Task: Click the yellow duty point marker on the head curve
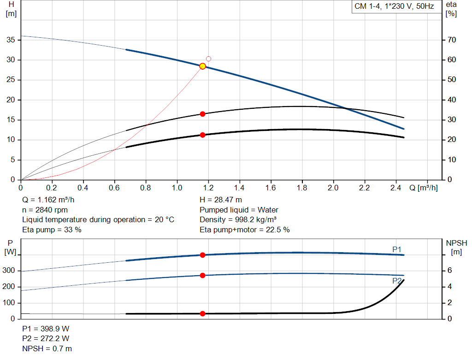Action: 202,66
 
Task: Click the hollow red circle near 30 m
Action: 208,59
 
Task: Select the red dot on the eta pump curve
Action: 202,114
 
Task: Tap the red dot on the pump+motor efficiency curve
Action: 202,135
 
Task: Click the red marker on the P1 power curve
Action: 202,255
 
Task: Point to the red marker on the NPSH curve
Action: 202,313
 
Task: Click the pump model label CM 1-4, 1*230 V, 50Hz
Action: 394,7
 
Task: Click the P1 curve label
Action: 397,249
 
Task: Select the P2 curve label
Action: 397,281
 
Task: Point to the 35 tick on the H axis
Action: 11,40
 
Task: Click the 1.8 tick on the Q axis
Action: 301,188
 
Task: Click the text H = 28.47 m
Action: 221,200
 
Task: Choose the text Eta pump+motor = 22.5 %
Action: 244,230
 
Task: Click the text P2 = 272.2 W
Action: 46,339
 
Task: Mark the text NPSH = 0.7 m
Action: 47,349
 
